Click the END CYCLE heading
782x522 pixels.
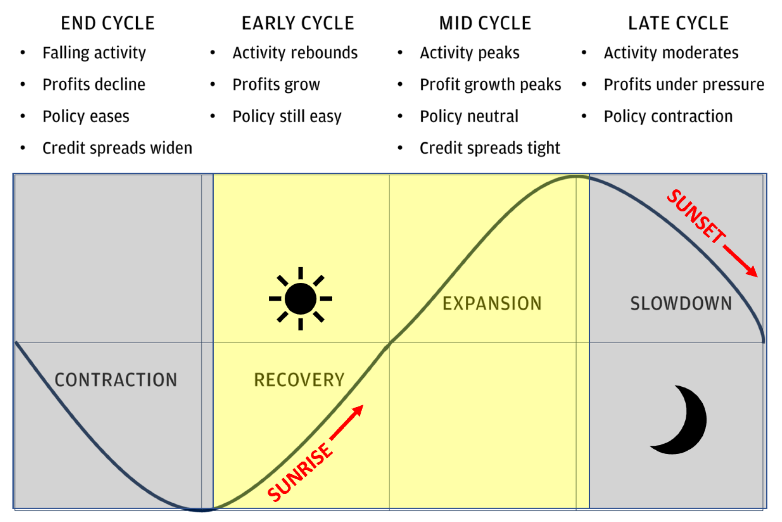(108, 23)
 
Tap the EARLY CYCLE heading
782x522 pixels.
(298, 23)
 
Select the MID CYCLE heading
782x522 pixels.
(485, 23)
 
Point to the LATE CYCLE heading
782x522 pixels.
(678, 23)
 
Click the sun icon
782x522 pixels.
(300, 299)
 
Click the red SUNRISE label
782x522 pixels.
(300, 472)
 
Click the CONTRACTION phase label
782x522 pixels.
(116, 380)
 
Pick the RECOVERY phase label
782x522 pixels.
(299, 380)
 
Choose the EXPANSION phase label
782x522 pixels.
(492, 303)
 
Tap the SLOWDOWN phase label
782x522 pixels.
(681, 303)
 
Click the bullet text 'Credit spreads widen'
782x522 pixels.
(117, 148)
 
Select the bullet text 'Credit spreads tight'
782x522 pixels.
(490, 148)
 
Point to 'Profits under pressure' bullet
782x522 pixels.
(684, 85)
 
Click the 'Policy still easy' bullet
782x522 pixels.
(287, 117)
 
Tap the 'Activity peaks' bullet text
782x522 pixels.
(469, 53)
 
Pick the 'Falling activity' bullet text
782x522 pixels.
(94, 53)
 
